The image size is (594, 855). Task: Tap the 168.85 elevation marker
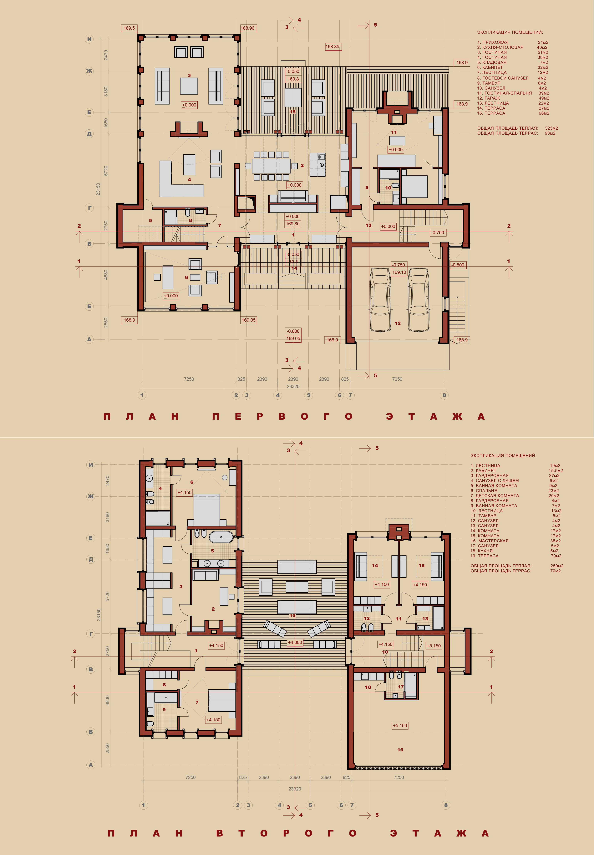(332, 47)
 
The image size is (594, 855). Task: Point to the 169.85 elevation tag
(292, 224)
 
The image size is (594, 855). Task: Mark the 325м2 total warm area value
(551, 128)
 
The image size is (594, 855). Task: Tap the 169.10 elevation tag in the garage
(399, 272)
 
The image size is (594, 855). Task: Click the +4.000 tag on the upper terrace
(295, 642)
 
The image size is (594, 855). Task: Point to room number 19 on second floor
(292, 616)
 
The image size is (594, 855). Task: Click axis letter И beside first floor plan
(89, 39)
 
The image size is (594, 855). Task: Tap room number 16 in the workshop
(400, 750)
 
